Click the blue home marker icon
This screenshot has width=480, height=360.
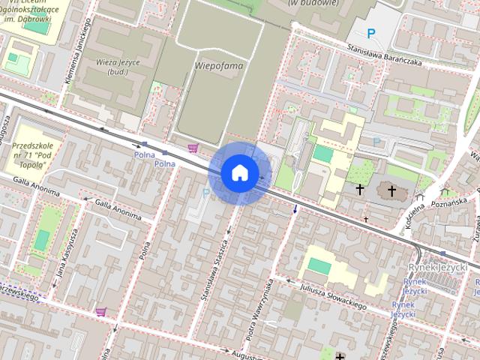tap(239, 172)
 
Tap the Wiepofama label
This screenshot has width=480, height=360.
tap(219, 66)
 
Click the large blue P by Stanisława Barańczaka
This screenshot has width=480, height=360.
tap(370, 33)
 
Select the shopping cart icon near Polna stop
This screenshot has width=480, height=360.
tap(193, 148)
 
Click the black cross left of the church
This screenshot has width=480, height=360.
tap(359, 190)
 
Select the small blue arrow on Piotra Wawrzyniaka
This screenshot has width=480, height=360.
tap(295, 208)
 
